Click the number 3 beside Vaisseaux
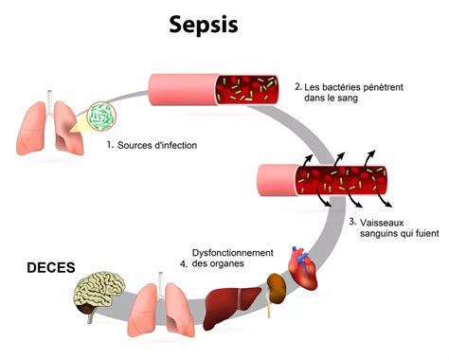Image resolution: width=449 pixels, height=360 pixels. pyautogui.click(x=352, y=222)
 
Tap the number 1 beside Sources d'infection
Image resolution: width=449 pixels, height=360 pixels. pyautogui.click(x=110, y=145)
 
